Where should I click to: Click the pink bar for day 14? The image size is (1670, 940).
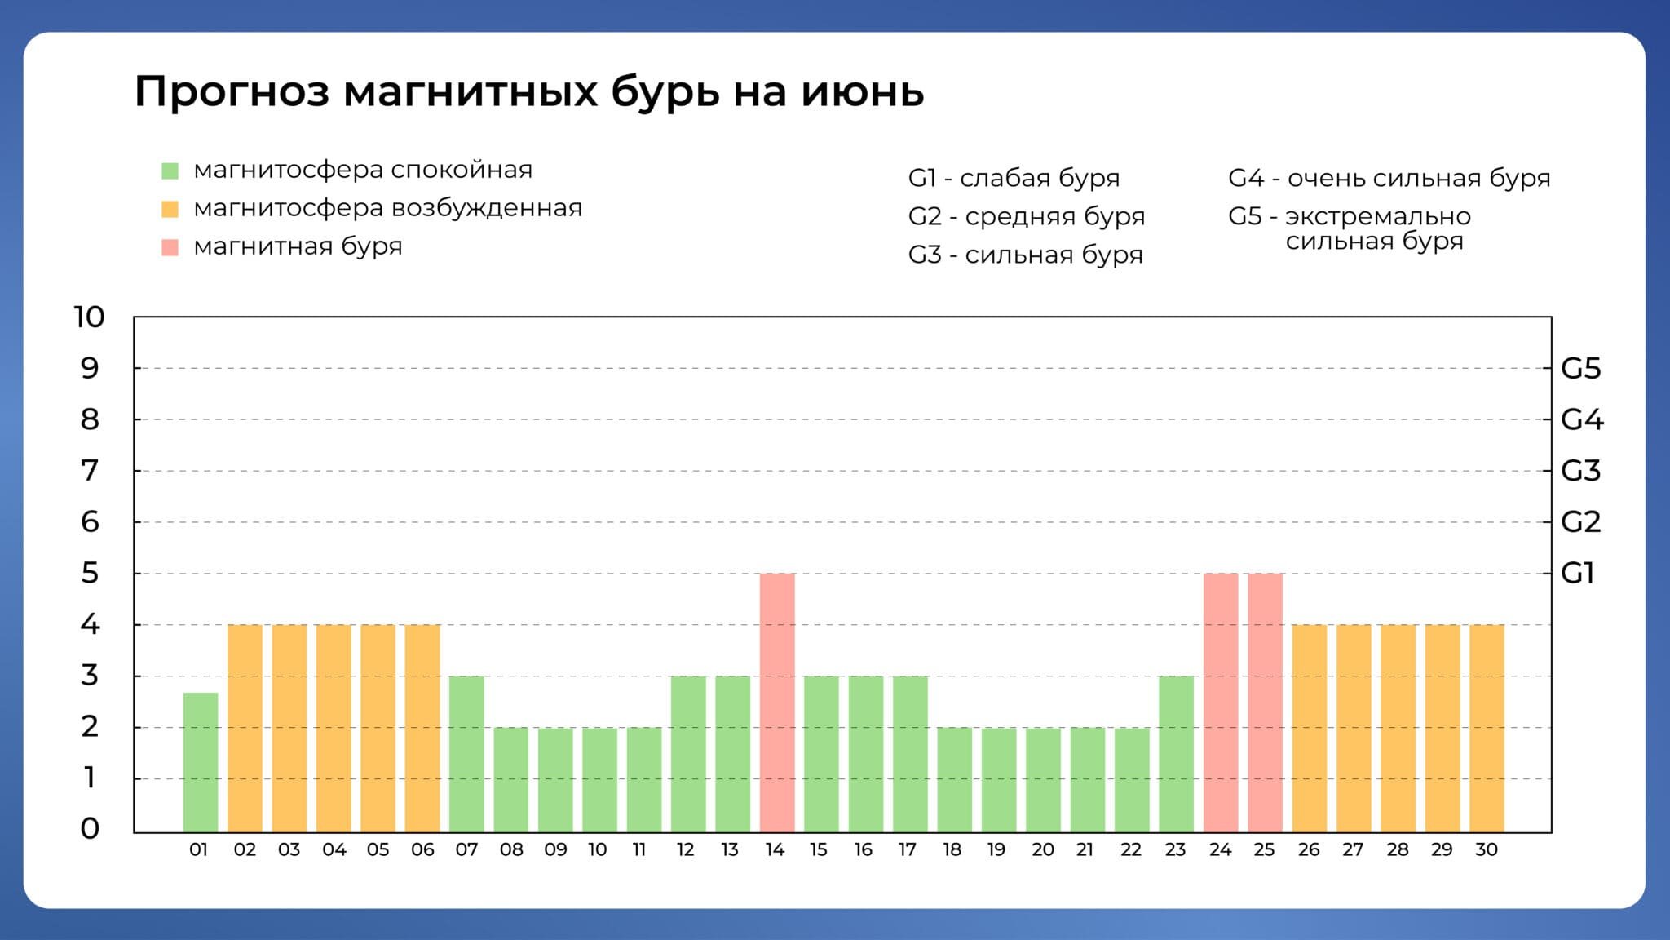point(777,703)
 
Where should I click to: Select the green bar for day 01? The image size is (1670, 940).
point(201,762)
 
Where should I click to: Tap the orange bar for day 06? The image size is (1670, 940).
point(422,729)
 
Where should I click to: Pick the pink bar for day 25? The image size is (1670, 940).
point(1265,703)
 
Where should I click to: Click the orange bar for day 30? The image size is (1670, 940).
point(1487,729)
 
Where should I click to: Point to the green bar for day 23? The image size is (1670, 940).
point(1176,754)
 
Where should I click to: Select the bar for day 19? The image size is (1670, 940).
point(999,780)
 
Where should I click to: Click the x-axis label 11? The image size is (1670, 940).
point(639,849)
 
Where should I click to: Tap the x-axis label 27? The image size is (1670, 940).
point(1353,849)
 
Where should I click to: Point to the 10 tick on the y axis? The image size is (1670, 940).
point(90,317)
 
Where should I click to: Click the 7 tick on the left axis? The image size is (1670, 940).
point(90,471)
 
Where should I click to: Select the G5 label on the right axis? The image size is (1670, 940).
point(1581,369)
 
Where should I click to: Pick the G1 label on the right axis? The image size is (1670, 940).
point(1577,574)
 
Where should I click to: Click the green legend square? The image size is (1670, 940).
point(170,171)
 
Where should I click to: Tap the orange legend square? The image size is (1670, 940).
point(170,209)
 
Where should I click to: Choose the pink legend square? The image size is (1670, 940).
point(170,247)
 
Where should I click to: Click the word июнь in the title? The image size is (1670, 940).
point(863,92)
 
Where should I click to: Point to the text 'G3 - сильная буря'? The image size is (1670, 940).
point(1026,255)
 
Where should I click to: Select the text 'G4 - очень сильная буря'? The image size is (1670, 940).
point(1389,178)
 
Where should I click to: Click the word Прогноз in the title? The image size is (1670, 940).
point(232,91)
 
